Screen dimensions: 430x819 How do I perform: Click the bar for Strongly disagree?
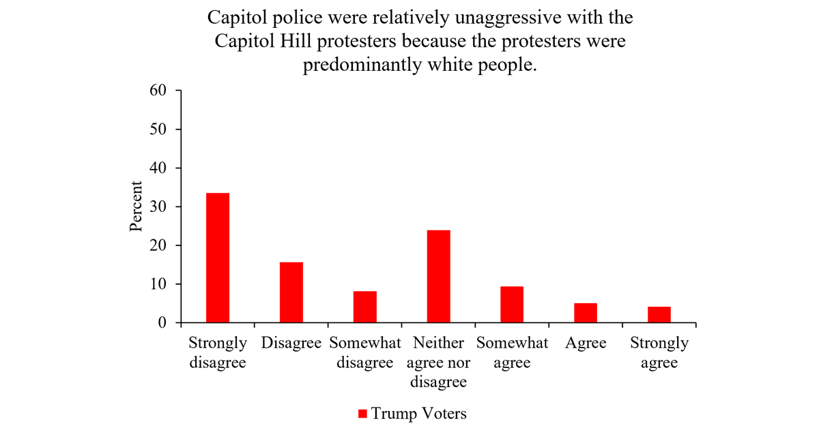(218, 258)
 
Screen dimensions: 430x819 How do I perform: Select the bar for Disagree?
(291, 292)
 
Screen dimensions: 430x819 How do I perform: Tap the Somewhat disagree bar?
(365, 307)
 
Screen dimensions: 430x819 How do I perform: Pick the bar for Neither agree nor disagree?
(439, 276)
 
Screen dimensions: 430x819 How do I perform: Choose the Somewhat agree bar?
(512, 305)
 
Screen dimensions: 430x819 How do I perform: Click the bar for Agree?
(586, 313)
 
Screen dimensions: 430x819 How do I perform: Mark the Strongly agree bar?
(659, 315)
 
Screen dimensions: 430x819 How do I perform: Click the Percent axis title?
(136, 206)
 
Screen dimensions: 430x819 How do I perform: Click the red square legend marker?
(362, 414)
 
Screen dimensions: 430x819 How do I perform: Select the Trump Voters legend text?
(418, 414)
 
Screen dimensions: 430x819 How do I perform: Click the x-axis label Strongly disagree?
(218, 352)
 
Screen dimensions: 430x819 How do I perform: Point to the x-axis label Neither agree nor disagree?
(439, 362)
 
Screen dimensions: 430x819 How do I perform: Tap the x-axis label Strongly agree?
(659, 352)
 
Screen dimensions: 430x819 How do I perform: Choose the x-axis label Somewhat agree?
(512, 352)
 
